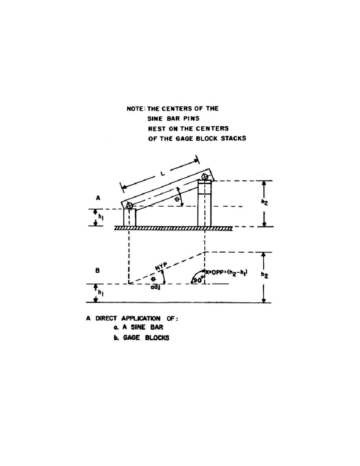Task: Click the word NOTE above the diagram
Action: (136, 109)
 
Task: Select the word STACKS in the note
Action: (233, 138)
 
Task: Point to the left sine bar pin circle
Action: (129, 206)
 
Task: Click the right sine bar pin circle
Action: (205, 177)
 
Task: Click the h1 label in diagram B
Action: (100, 293)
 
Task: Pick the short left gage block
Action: (129, 218)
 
